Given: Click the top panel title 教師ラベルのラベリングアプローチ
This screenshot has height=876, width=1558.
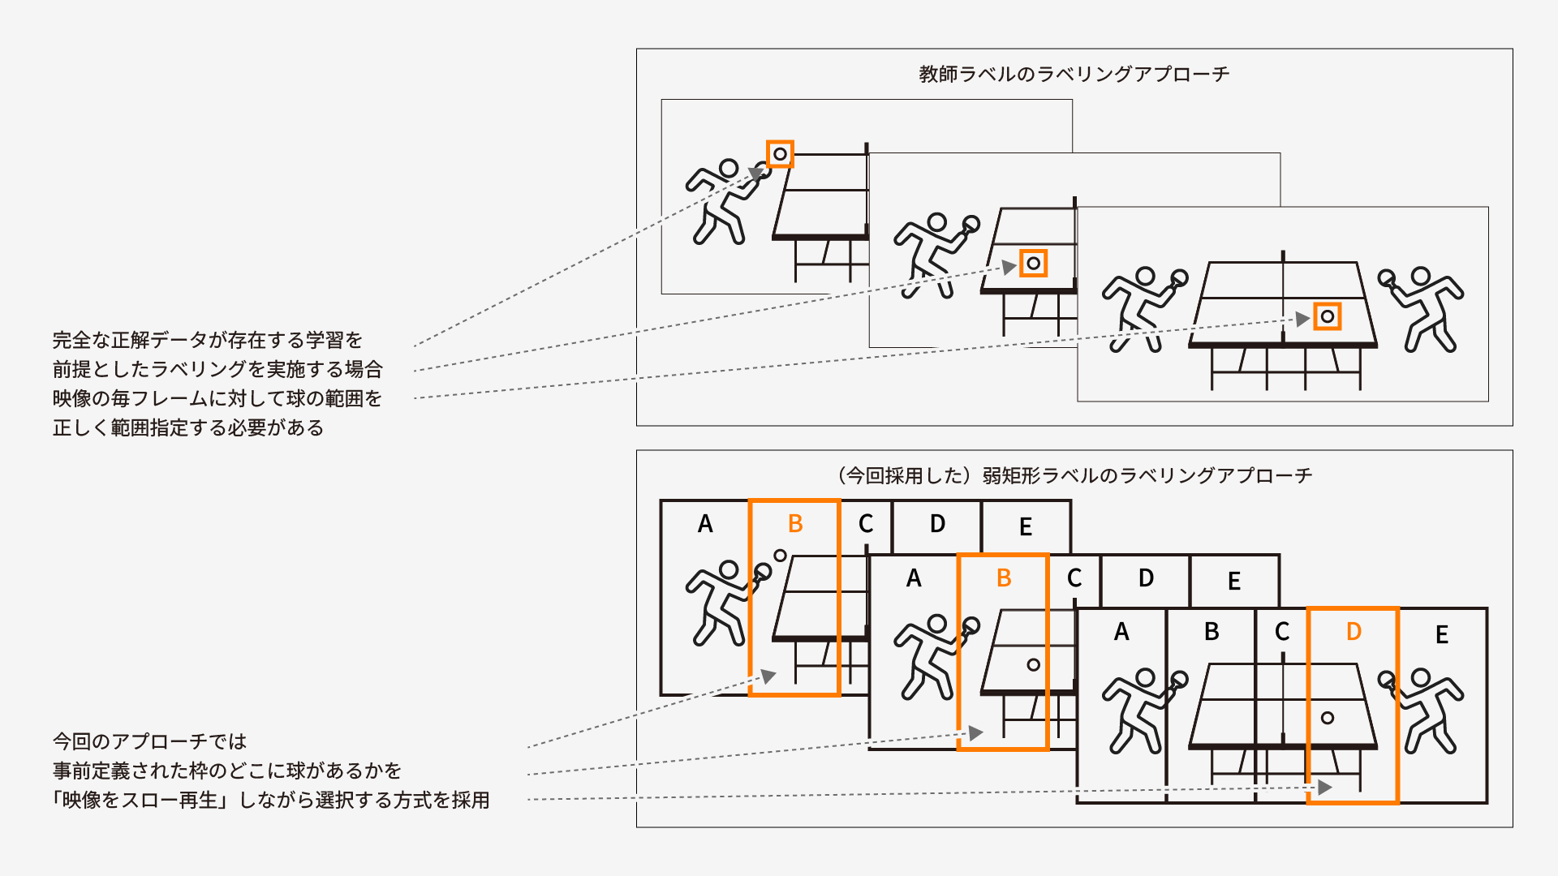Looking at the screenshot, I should click(1074, 74).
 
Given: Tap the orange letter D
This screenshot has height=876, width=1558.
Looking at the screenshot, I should click(1353, 632).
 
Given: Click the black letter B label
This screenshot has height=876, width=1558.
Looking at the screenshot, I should click(1211, 632).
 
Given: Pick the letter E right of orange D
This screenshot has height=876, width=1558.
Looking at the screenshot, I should click(1441, 634).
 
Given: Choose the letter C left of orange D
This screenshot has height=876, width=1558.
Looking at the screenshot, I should click(1281, 632).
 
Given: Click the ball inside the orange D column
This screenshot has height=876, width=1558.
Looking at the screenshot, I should click(1328, 718).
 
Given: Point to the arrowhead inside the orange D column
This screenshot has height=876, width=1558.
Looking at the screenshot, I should click(1324, 787).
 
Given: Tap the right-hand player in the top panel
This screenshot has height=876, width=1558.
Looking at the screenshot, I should click(1424, 309).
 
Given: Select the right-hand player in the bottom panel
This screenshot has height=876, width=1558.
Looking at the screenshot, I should click(1424, 710).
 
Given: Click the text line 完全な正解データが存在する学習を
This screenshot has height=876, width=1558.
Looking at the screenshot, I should click(208, 340).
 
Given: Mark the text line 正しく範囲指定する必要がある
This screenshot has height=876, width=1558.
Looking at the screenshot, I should click(188, 427).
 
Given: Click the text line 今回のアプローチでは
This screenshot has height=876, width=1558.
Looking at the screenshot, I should click(150, 741).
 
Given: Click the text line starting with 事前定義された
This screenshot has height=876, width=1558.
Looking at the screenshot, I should click(227, 771).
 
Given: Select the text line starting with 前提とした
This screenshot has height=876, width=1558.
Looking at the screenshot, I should click(217, 369).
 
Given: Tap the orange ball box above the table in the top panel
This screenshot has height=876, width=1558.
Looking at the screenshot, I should click(780, 154).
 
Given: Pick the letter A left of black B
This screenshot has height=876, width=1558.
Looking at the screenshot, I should click(1121, 632).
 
